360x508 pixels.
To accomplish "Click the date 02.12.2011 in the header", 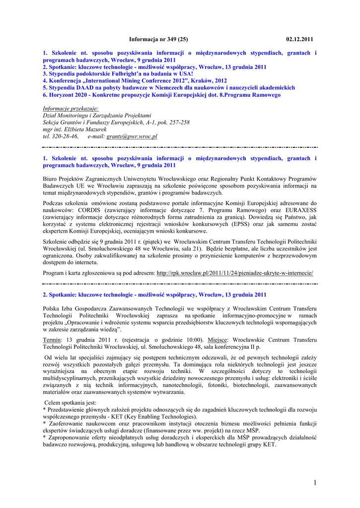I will [x=300, y=39].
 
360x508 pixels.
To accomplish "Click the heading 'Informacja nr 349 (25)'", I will [x=158, y=39].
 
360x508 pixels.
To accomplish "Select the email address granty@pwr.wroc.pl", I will [x=132, y=136].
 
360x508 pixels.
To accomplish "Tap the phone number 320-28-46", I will [x=66, y=136].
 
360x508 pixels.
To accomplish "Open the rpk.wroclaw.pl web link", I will [x=235, y=273].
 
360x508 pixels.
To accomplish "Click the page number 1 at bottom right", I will [x=315, y=483].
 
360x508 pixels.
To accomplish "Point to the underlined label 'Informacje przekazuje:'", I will [x=71, y=109].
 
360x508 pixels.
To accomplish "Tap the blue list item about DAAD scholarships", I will [x=169, y=87].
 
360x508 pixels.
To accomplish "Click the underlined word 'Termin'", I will [x=53, y=340].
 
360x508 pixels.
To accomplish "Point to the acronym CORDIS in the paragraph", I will [x=83, y=210].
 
